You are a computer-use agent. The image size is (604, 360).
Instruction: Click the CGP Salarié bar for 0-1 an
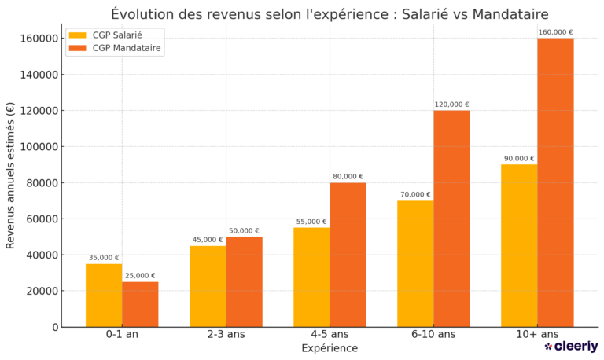pyautogui.click(x=104, y=296)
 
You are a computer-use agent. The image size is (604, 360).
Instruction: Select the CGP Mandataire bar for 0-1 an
pyautogui.click(x=140, y=304)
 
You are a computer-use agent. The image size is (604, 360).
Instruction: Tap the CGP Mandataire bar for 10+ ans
pyautogui.click(x=555, y=182)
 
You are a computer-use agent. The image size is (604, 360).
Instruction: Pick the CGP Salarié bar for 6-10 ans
pyautogui.click(x=415, y=264)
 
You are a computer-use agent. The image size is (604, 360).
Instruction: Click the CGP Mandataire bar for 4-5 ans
pyautogui.click(x=348, y=255)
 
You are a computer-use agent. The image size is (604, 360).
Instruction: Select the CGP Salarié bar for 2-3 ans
pyautogui.click(x=208, y=286)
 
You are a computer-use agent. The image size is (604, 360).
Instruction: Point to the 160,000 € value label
pyautogui.click(x=555, y=32)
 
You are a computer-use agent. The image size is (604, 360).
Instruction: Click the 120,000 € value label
pyautogui.click(x=451, y=105)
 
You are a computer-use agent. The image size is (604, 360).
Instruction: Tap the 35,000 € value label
pyautogui.click(x=104, y=257)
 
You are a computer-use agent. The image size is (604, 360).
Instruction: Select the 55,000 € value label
pyautogui.click(x=311, y=222)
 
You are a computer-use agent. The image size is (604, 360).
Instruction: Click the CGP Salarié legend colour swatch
pyautogui.click(x=77, y=35)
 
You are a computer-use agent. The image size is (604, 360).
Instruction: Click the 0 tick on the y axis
pyautogui.click(x=55, y=327)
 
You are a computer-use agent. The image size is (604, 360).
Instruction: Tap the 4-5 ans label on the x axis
pyautogui.click(x=330, y=334)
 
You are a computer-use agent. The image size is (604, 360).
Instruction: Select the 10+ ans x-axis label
pyautogui.click(x=537, y=334)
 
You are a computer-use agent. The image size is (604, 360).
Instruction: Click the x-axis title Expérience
pyautogui.click(x=330, y=348)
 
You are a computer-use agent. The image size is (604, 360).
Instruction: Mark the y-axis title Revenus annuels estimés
pyautogui.click(x=10, y=175)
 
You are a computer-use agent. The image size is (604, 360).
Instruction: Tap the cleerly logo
pyautogui.click(x=571, y=347)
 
